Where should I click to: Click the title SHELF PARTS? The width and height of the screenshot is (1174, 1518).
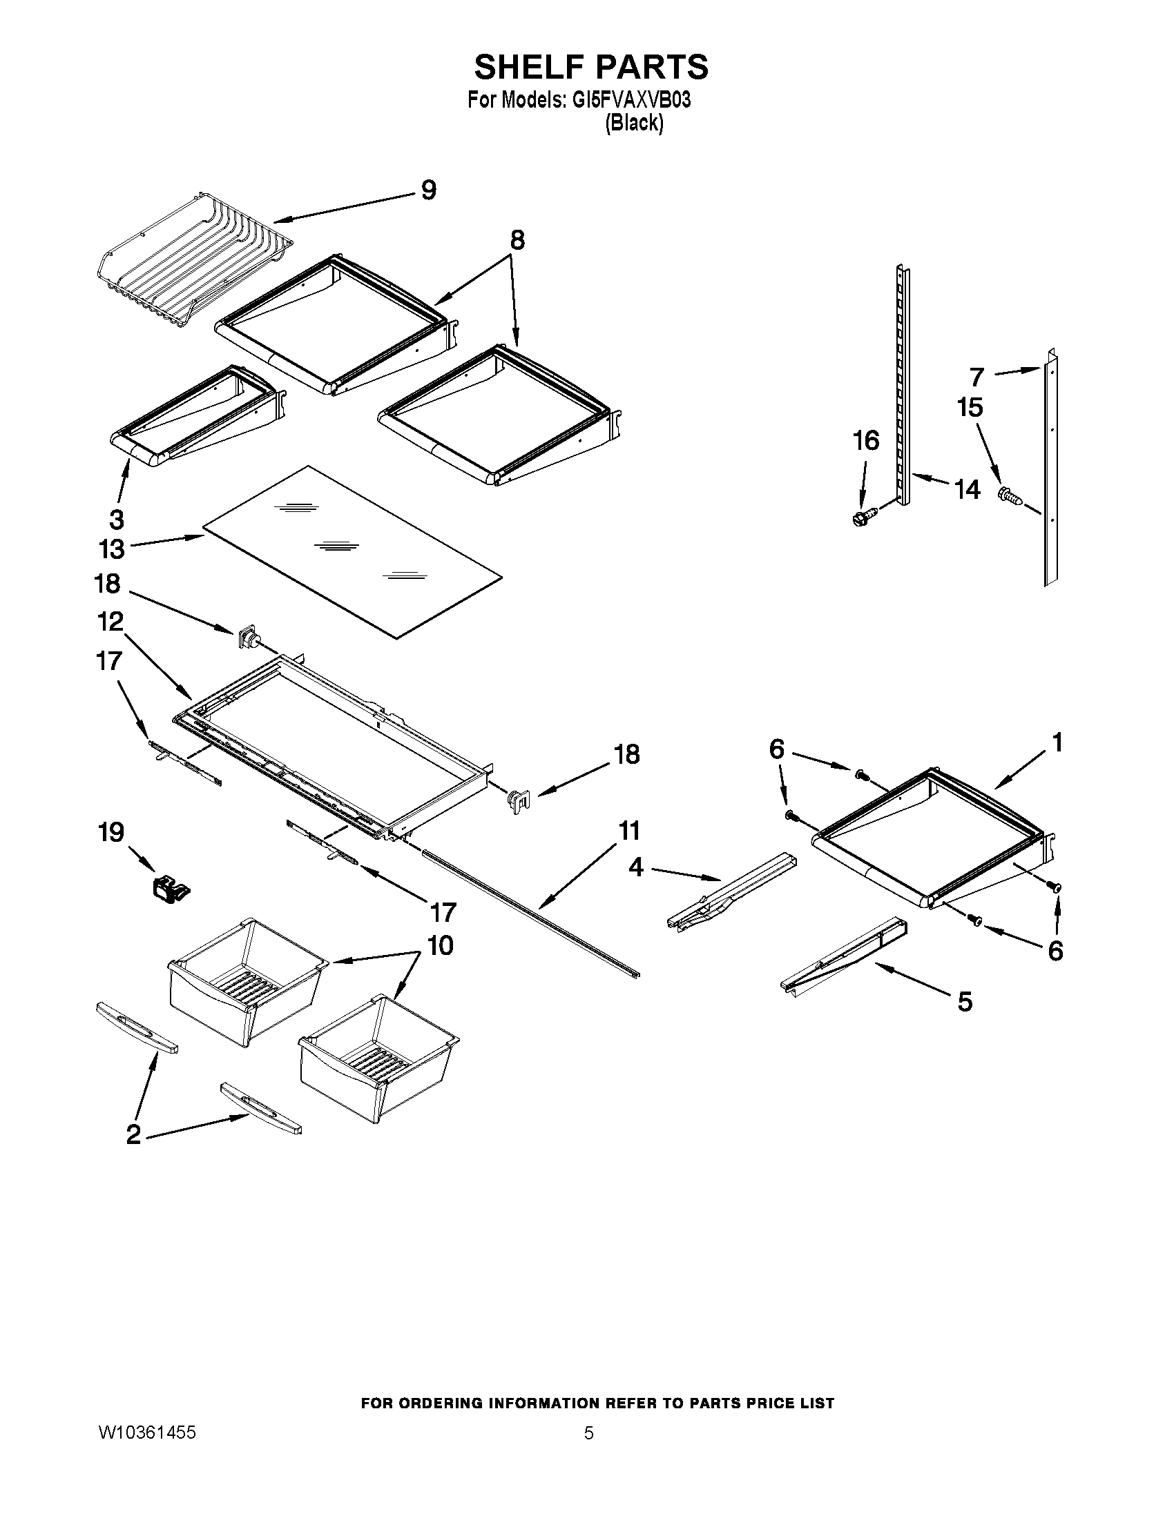pos(591,67)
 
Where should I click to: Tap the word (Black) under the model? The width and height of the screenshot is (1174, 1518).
pos(633,123)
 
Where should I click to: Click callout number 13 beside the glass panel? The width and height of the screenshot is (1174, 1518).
pos(111,549)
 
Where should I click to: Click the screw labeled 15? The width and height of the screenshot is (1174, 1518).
pos(1010,495)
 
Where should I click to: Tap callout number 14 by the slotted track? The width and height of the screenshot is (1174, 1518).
pos(967,489)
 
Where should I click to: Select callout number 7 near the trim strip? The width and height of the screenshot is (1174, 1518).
pos(977,377)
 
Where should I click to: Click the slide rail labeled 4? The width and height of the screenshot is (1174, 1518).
pos(730,891)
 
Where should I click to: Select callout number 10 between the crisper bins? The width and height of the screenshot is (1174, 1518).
pos(441,945)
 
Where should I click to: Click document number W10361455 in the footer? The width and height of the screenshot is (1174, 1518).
pos(146,1432)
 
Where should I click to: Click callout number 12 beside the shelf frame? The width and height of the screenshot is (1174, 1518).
pos(110,622)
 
